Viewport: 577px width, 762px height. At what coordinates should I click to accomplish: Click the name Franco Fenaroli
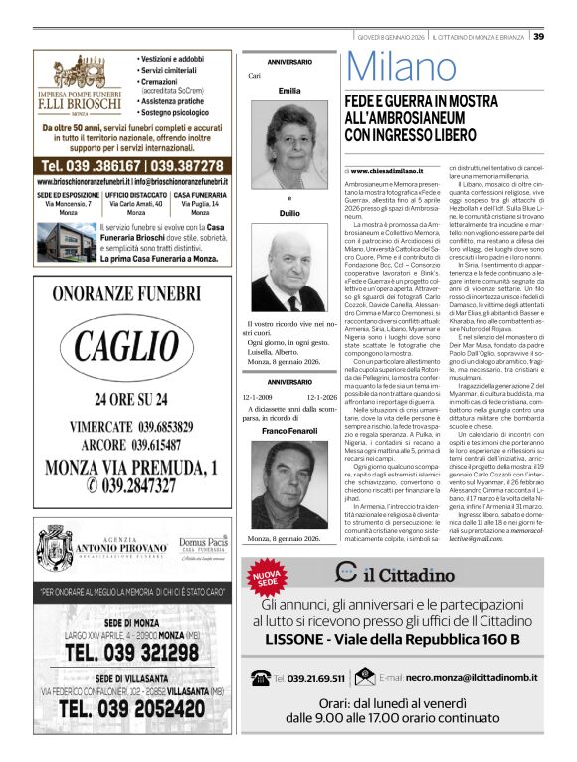[x=289, y=430]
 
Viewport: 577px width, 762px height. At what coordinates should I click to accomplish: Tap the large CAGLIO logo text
[x=131, y=348]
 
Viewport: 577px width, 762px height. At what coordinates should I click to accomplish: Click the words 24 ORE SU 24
[x=131, y=400]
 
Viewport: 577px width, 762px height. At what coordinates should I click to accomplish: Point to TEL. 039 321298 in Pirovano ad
[x=131, y=653]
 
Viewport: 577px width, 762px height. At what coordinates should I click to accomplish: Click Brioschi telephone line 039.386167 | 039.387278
[x=131, y=164]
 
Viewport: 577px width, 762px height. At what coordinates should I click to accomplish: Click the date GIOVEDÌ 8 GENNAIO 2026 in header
[x=391, y=37]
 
